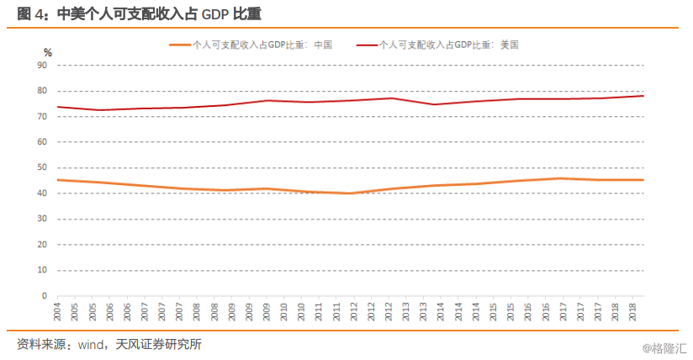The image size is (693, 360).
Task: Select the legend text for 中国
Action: pos(262,45)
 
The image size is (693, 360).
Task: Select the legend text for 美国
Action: pos(449,45)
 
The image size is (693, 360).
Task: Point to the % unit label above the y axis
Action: pos(48,52)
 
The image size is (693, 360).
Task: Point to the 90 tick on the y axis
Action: pos(43,65)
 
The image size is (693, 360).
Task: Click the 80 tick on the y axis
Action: pos(43,91)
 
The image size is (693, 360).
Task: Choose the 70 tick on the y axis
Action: pos(43,116)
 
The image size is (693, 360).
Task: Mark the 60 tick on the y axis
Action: pos(43,142)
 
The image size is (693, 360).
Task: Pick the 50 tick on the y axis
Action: pos(43,167)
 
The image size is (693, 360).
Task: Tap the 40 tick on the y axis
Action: pos(43,193)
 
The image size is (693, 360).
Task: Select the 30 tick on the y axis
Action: pos(43,219)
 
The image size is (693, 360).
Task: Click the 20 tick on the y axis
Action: pos(43,245)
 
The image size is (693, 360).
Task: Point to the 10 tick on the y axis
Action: pos(43,271)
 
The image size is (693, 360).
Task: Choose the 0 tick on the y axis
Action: pos(45,296)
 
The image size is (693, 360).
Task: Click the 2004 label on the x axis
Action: pos(57,312)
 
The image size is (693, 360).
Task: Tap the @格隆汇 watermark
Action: pos(664,347)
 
